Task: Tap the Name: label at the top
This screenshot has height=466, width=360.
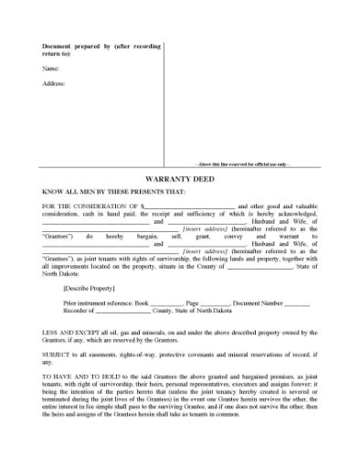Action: (x=51, y=68)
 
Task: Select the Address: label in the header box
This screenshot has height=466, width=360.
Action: (x=54, y=83)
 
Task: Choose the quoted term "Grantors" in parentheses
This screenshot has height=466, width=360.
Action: (x=58, y=236)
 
